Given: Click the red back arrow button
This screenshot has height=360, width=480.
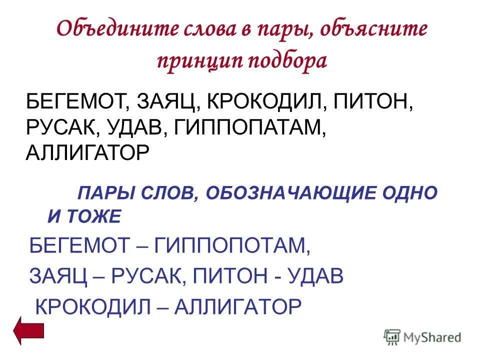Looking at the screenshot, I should [x=29, y=330].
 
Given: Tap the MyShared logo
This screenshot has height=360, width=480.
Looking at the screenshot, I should [x=422, y=337].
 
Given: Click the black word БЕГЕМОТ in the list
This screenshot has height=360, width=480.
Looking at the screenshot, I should [x=75, y=102].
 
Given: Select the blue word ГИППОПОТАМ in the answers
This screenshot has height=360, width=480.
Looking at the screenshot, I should [x=232, y=245].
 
